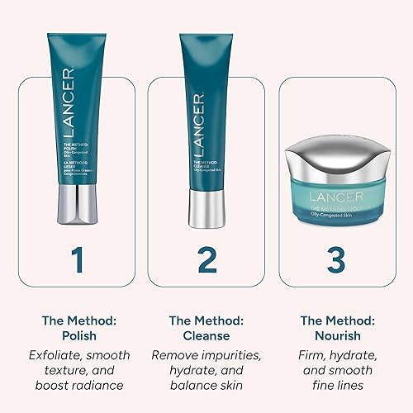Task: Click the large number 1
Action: (77, 259)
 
